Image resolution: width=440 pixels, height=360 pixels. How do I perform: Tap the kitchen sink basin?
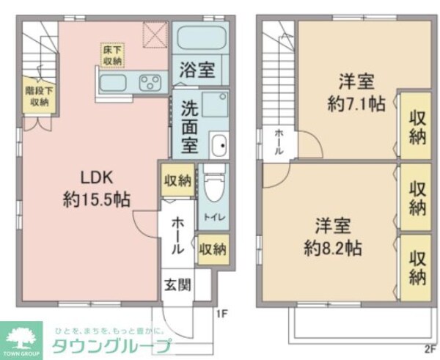pyautogui.click(x=113, y=82)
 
